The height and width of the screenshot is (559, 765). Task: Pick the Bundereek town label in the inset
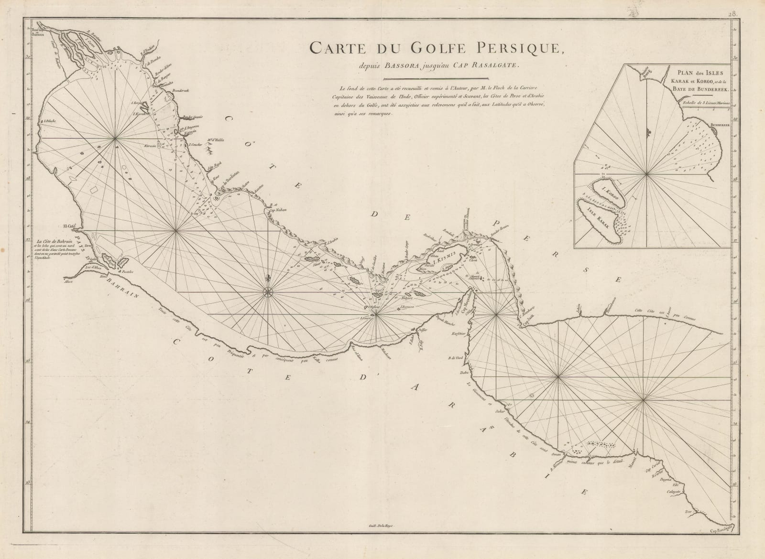(x=720, y=124)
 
